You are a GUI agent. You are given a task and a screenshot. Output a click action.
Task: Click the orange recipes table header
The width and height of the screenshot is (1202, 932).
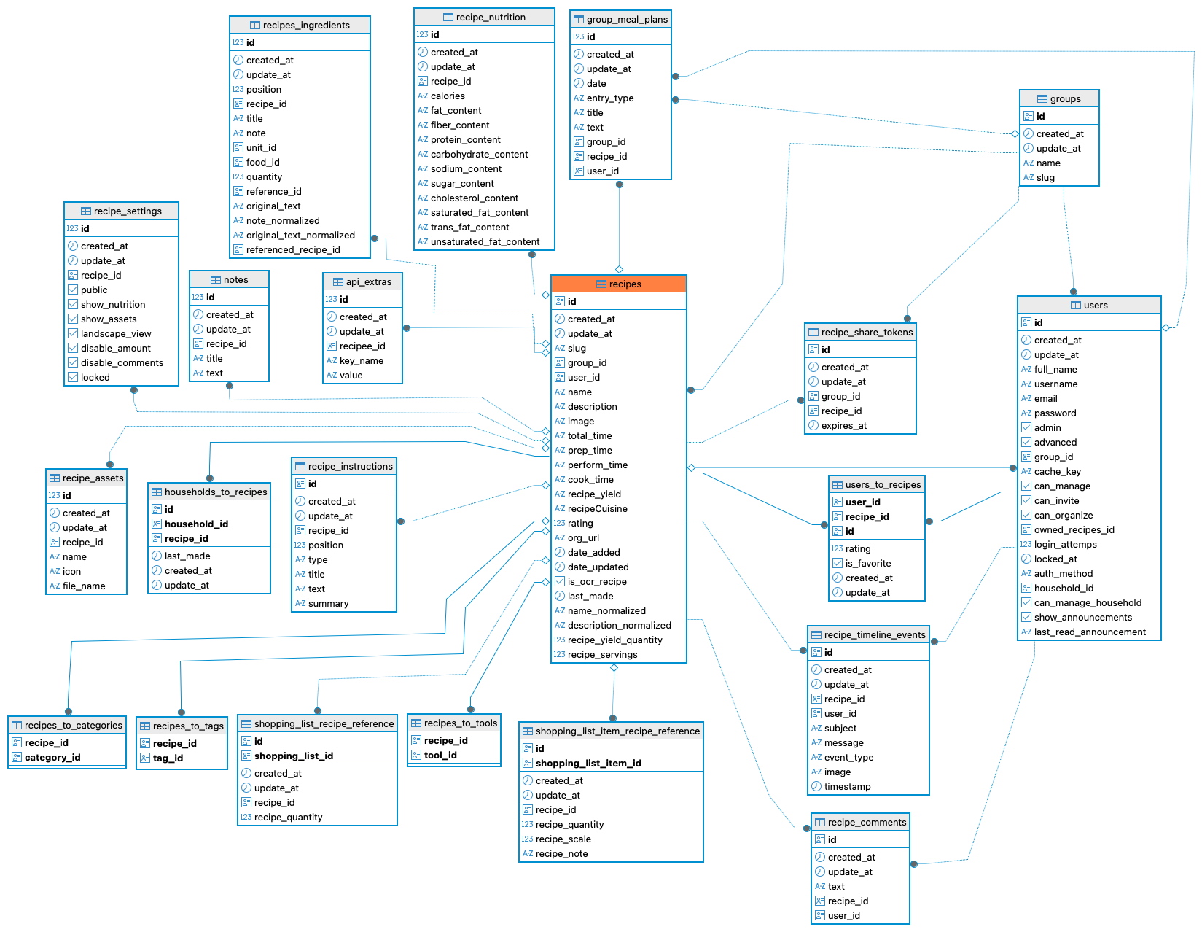[618, 284]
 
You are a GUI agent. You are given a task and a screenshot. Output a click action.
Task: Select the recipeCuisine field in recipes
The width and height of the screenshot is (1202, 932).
[598, 508]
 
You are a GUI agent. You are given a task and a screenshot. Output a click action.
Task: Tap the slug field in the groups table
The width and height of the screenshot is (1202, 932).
[1045, 178]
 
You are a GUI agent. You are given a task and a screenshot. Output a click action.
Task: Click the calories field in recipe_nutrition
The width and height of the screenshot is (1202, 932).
[448, 96]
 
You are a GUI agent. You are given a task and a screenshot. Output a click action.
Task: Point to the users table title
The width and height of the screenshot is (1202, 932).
[1096, 306]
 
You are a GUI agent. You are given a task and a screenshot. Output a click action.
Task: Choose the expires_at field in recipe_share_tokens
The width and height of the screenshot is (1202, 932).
[843, 426]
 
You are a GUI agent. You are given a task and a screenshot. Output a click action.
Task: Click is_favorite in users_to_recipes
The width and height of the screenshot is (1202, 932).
[868, 564]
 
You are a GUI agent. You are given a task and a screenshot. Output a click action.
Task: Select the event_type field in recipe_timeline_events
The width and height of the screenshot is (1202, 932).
[848, 758]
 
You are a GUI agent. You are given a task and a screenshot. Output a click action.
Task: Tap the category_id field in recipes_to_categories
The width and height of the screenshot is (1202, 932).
[52, 758]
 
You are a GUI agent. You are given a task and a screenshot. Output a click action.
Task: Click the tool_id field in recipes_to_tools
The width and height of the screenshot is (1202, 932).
[440, 756]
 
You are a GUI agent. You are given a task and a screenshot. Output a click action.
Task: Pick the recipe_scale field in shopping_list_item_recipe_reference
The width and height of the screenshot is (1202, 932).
[563, 839]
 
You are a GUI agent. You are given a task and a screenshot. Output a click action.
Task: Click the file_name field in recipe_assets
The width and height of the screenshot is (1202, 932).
[84, 586]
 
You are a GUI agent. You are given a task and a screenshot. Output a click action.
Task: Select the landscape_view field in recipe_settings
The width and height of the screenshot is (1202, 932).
[116, 334]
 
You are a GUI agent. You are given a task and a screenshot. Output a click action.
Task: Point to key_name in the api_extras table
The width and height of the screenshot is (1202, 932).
[362, 361]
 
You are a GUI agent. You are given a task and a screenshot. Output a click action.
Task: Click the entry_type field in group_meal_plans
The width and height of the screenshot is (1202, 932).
[610, 98]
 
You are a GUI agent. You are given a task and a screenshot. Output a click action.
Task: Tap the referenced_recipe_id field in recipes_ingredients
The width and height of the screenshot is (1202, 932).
[293, 249]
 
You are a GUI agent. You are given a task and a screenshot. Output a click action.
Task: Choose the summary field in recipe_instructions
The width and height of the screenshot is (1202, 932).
[328, 604]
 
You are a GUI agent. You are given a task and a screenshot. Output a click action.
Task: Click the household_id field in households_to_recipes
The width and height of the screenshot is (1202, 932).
[196, 524]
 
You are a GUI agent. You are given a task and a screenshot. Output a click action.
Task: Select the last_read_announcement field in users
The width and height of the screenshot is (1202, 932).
[1090, 632]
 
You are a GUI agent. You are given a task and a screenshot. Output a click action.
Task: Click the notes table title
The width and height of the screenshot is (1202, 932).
[235, 280]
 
